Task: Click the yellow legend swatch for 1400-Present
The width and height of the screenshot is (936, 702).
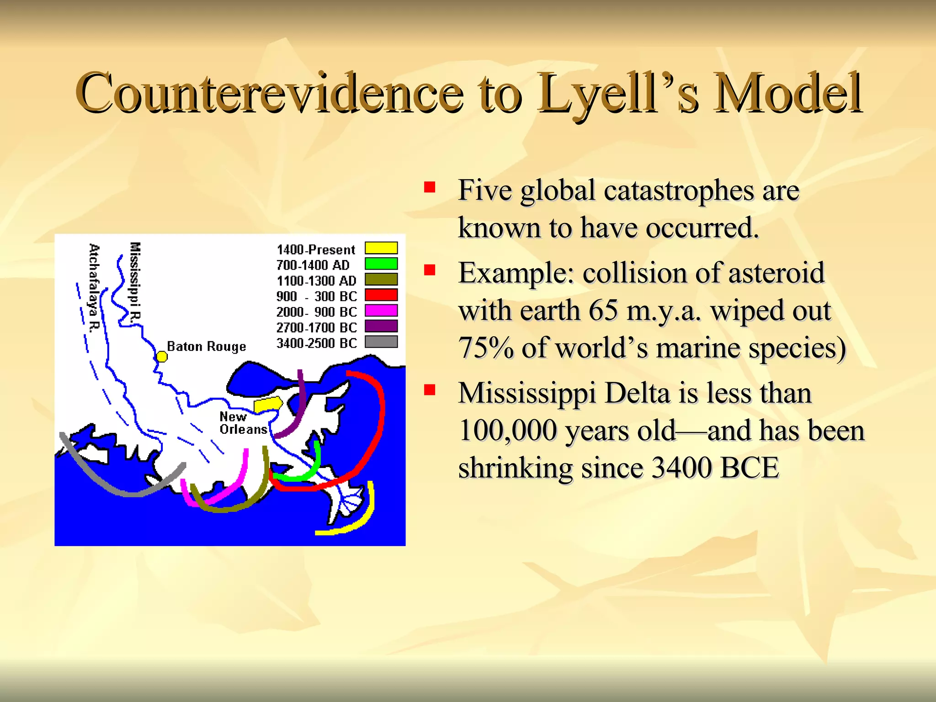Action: pos(381,248)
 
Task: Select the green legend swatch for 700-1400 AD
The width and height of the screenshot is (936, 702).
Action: pos(381,264)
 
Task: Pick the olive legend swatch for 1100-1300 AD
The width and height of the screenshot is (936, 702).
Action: pos(381,279)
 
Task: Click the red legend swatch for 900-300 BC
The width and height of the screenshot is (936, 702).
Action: pos(381,295)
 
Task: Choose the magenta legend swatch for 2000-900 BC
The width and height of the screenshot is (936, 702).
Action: pos(381,311)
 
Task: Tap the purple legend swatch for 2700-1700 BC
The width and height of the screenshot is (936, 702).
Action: pos(381,326)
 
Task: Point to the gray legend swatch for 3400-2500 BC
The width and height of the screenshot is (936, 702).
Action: pos(381,342)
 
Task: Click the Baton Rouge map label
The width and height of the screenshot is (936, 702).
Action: pos(206,346)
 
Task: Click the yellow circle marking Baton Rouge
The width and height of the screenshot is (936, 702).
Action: pos(162,356)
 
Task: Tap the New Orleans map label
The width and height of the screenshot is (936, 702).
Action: pos(243,423)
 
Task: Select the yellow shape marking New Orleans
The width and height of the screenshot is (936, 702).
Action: pos(268,404)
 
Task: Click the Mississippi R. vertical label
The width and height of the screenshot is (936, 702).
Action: pos(135,283)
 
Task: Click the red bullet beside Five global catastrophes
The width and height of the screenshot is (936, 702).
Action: pos(429,187)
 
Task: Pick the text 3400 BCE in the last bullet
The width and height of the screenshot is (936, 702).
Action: pos(715,468)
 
